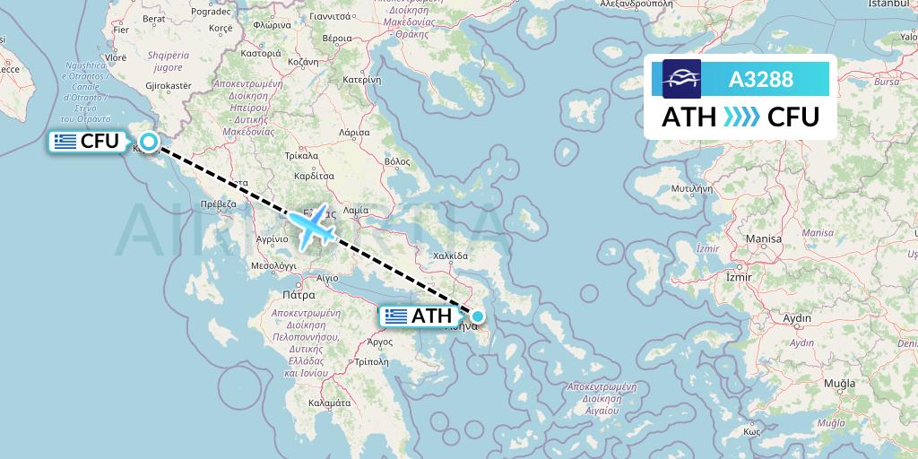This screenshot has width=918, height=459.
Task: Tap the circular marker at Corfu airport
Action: pyautogui.click(x=148, y=140)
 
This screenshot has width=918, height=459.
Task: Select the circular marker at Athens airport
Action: pyautogui.click(x=478, y=316)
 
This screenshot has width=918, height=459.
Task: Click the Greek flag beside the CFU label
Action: pyautogui.click(x=65, y=141)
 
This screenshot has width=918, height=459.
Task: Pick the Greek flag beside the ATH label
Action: pyautogui.click(x=394, y=316)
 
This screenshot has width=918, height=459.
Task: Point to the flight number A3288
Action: pyautogui.click(x=760, y=79)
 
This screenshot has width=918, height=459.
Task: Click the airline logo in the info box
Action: pyautogui.click(x=681, y=79)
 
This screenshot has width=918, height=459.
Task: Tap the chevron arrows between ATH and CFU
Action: pyautogui.click(x=741, y=117)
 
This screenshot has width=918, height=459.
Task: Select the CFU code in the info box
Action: pyautogui.click(x=793, y=117)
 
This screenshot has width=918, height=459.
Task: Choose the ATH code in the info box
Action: pyautogui.click(x=688, y=117)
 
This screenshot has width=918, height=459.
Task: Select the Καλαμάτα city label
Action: pyautogui.click(x=328, y=403)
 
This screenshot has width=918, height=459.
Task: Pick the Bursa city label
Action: pyautogui.click(x=887, y=82)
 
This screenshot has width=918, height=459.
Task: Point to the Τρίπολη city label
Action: pyautogui.click(x=371, y=362)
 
